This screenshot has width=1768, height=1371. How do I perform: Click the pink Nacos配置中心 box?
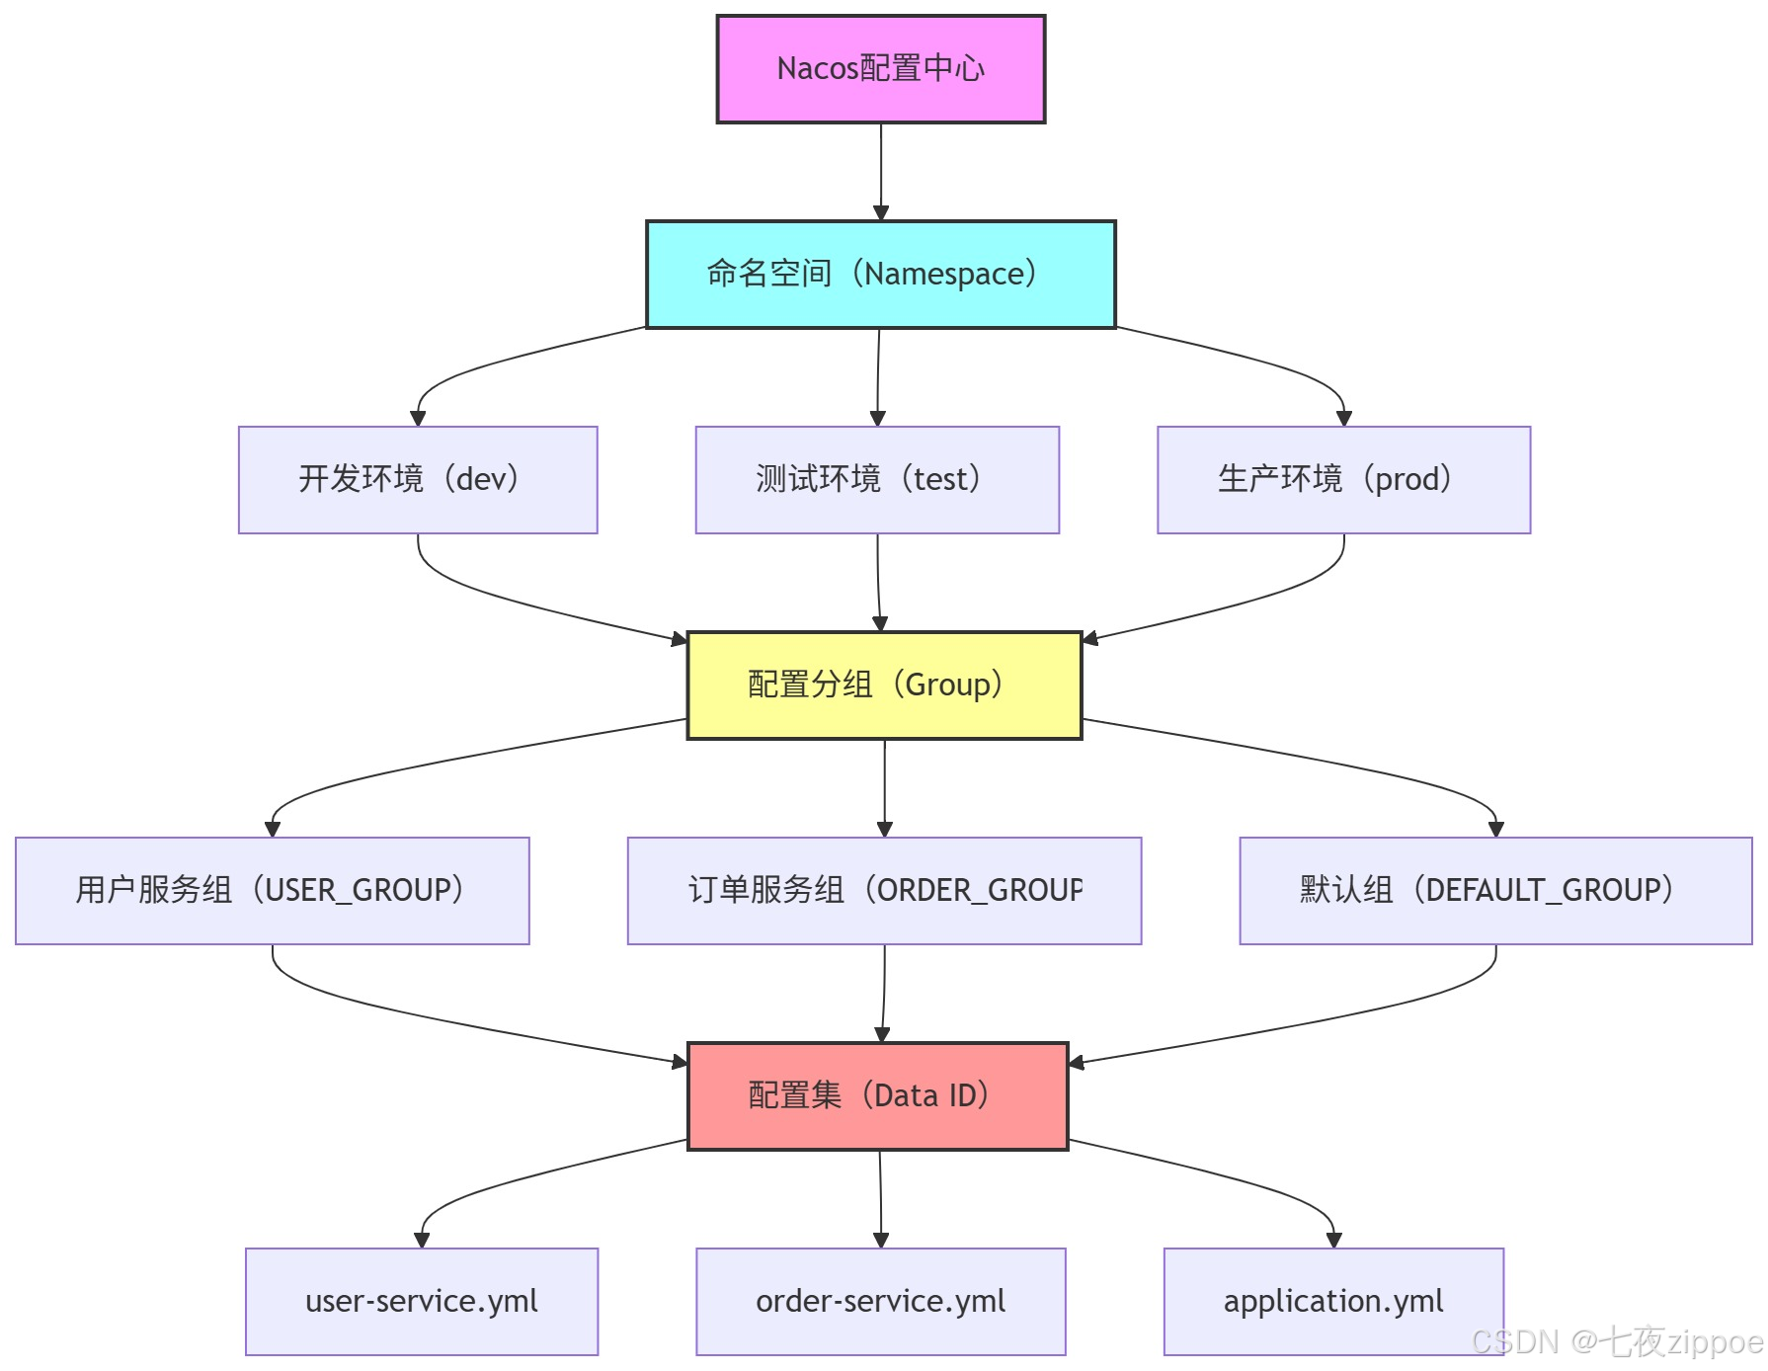tap(880, 69)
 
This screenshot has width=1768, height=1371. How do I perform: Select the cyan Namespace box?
tap(880, 275)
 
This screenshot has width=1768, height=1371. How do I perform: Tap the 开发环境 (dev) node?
tap(418, 480)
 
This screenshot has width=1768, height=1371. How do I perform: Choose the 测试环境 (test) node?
tap(877, 480)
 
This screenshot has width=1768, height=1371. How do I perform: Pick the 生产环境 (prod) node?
tap(1343, 480)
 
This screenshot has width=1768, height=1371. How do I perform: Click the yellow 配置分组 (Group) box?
tap(884, 685)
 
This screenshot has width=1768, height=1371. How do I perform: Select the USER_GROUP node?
tap(273, 891)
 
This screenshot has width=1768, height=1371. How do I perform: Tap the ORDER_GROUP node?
tap(884, 891)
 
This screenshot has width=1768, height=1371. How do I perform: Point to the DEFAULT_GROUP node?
tap(1495, 891)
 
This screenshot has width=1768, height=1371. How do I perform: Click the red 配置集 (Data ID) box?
tap(877, 1096)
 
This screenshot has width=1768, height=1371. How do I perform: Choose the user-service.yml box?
tap(422, 1302)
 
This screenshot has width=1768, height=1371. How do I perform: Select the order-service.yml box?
tap(880, 1302)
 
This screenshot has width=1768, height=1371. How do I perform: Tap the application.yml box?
tap(1333, 1302)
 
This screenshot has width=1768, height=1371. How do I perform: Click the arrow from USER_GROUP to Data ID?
tap(444, 1017)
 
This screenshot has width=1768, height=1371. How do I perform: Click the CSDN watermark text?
tap(1616, 1342)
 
